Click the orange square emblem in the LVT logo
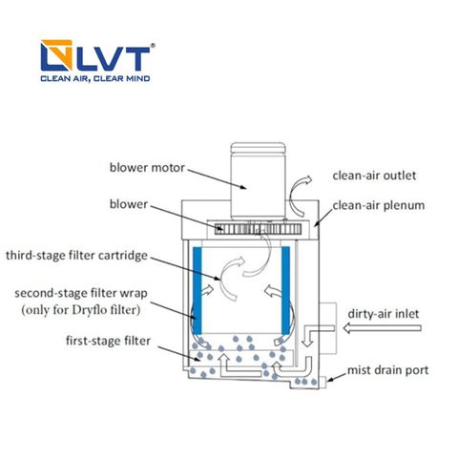[56, 55]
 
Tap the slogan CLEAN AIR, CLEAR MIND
[95, 78]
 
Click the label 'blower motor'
[147, 168]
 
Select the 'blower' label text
[129, 204]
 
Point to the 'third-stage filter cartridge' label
[76, 256]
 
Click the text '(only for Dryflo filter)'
[81, 309]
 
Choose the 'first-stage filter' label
[108, 341]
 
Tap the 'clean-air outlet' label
[374, 176]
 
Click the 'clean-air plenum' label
[379, 205]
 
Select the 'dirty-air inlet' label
[384, 314]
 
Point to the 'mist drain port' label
[387, 370]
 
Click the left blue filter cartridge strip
[198, 290]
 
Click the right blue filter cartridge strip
[285, 290]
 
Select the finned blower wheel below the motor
[258, 229]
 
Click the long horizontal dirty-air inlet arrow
[383, 328]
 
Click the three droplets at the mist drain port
[305, 381]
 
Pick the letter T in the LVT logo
[134, 59]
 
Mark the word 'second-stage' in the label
[50, 293]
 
